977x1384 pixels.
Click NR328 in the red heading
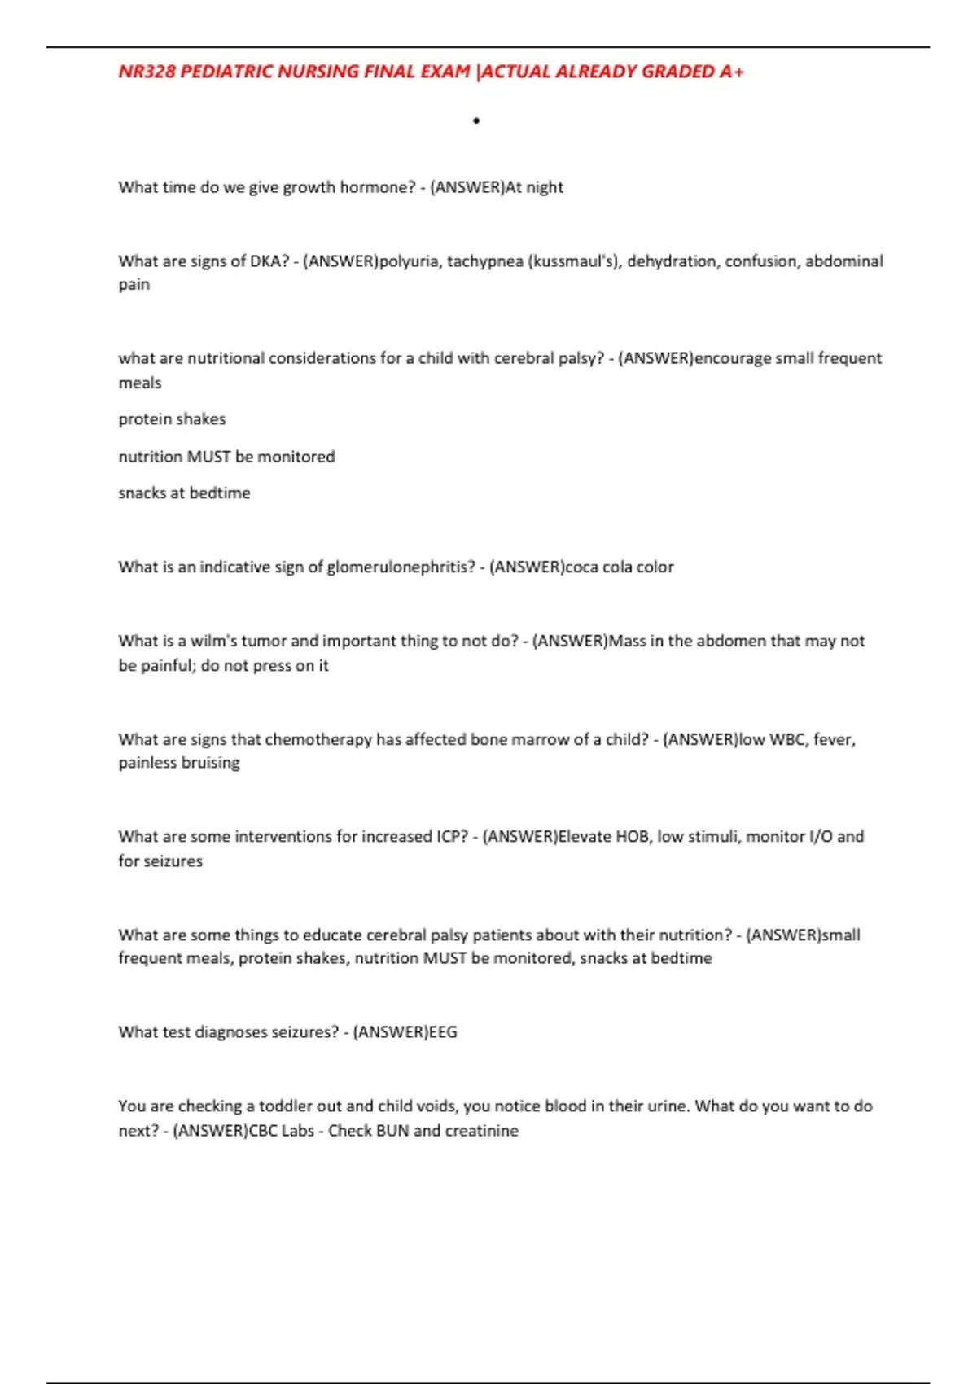[147, 72]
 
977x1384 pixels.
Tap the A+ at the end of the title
[731, 72]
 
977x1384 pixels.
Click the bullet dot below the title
[476, 121]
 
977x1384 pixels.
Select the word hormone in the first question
[378, 187]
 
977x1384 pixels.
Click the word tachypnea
[484, 261]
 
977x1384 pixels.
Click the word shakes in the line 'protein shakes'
[204, 419]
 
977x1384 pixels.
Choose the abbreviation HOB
[632, 836]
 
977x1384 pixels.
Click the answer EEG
[443, 1031]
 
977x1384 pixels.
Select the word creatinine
[482, 1130]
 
